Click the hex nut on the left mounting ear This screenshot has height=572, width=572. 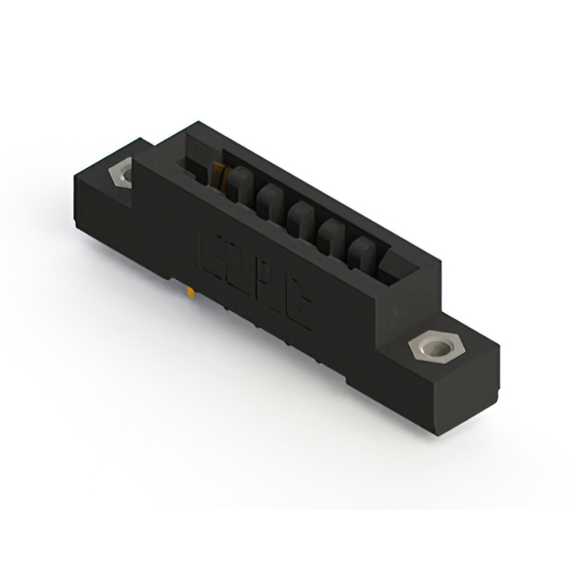(x=120, y=171)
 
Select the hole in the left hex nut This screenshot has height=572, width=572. (x=120, y=171)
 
